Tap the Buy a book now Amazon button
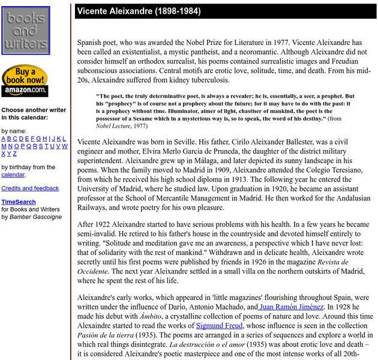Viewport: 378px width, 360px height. coord(25,81)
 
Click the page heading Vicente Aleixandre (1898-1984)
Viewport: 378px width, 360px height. coord(139,11)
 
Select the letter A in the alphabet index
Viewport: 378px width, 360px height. coord(4,139)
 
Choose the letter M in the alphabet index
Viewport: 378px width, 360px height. coord(4,146)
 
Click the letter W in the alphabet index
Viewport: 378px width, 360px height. coord(64,146)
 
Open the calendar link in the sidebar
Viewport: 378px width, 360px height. coord(13,175)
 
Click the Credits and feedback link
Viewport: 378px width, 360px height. coord(30,188)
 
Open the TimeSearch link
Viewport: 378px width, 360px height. coord(18,202)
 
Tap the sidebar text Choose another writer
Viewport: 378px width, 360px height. coord(34,110)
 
